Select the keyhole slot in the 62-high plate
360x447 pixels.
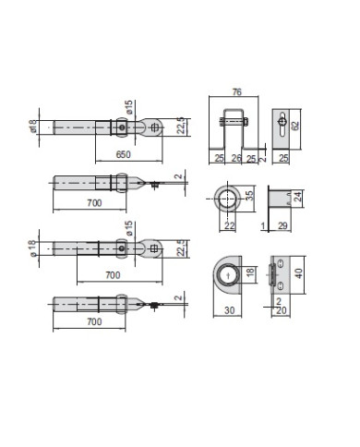coord(281,122)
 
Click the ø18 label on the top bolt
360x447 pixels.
coord(32,126)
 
